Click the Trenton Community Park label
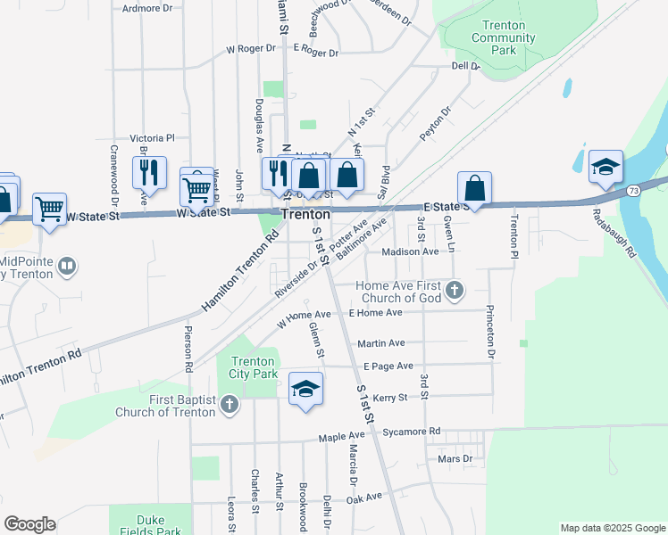pyautogui.click(x=505, y=38)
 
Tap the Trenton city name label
pyautogui.click(x=305, y=215)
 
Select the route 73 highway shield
pyautogui.click(x=632, y=190)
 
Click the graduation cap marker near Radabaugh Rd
pyautogui.click(x=605, y=167)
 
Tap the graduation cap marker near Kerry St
pyautogui.click(x=305, y=390)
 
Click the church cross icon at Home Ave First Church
pyautogui.click(x=455, y=289)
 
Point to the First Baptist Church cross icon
pyautogui.click(x=230, y=406)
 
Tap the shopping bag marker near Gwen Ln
pyautogui.click(x=475, y=188)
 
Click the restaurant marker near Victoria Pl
pyautogui.click(x=149, y=171)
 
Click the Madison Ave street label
pyautogui.click(x=410, y=252)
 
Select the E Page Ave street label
pyautogui.click(x=388, y=366)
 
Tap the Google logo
pyautogui.click(x=29, y=524)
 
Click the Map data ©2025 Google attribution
pyautogui.click(x=612, y=528)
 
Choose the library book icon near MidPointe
pyautogui.click(x=67, y=266)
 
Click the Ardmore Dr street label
pyautogui.click(x=147, y=8)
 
